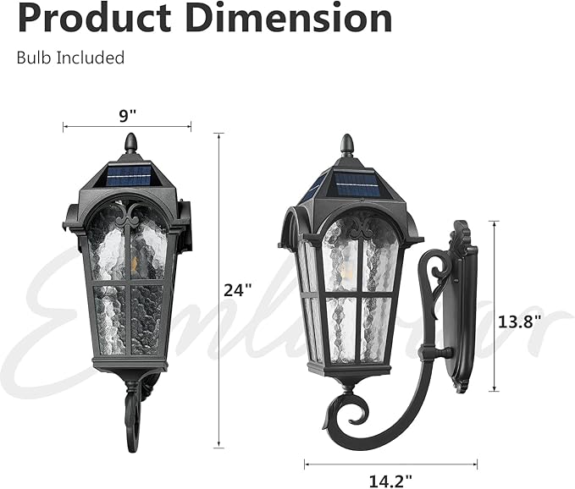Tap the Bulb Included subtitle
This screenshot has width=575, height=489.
click(70, 58)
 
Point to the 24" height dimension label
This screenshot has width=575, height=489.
click(239, 289)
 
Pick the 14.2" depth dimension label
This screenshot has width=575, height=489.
click(390, 480)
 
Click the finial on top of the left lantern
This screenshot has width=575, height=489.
click(130, 143)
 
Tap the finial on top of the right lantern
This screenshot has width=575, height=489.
click(346, 145)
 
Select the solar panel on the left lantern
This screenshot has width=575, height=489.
click(130, 176)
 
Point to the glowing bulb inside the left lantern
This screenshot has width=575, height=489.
click(135, 262)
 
